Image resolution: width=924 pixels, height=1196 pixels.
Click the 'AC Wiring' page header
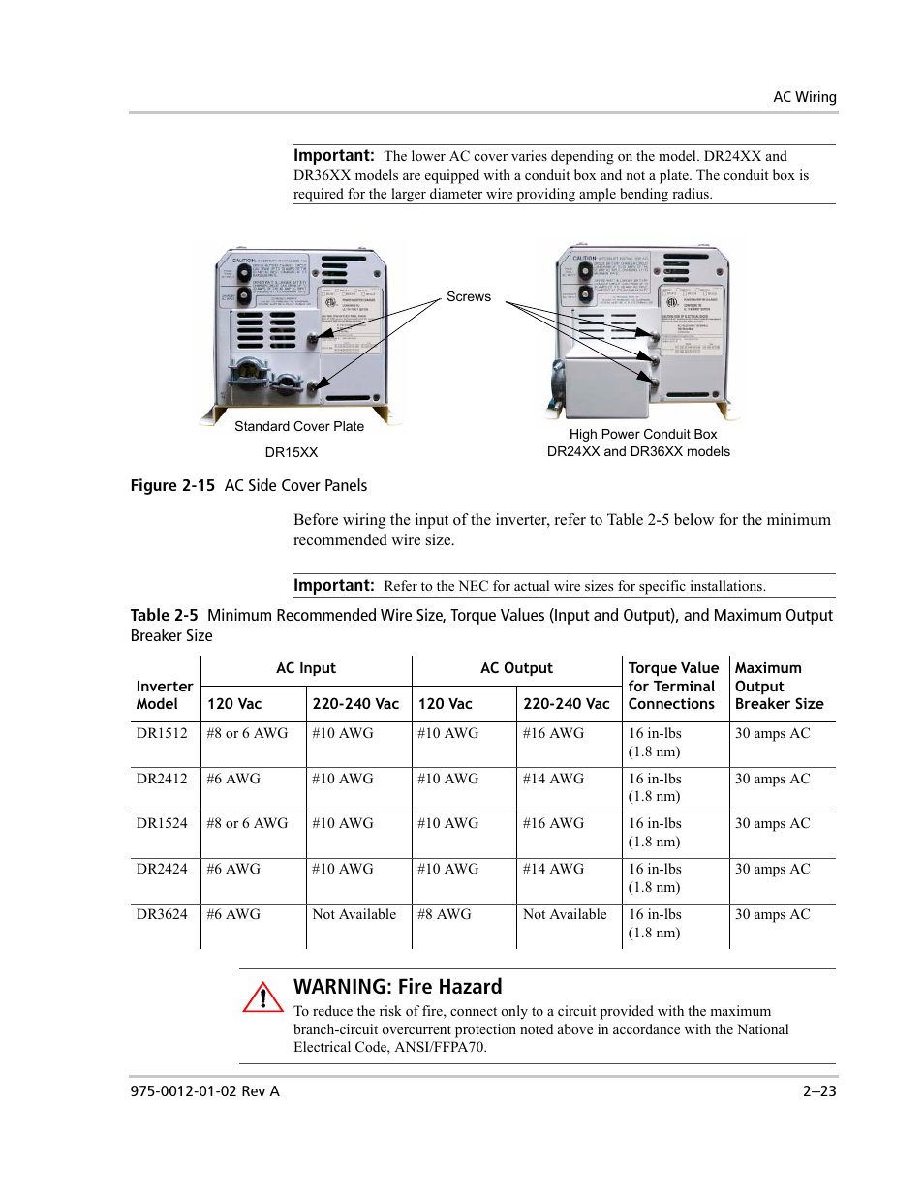tap(804, 97)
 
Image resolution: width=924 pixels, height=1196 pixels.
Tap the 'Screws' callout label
tap(468, 297)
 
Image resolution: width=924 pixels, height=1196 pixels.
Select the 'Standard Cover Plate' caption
tap(299, 426)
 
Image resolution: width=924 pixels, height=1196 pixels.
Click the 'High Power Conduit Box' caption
tap(642, 434)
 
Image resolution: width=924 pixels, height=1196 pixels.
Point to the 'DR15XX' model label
tap(292, 452)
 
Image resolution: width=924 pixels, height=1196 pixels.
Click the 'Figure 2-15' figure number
tap(172, 486)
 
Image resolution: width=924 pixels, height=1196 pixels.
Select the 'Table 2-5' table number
tap(164, 616)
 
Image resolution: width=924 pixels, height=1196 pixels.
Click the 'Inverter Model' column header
tap(164, 695)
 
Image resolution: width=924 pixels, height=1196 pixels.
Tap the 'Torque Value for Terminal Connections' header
tap(673, 686)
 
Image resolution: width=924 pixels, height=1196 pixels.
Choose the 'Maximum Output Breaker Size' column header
tap(779, 686)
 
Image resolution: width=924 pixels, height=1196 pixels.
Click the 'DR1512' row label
tap(162, 733)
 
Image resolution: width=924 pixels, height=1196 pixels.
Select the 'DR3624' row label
tap(162, 914)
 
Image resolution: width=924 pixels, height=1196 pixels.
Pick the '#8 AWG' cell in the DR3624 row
tap(445, 914)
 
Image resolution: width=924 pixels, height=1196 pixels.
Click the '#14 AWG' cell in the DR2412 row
tap(553, 779)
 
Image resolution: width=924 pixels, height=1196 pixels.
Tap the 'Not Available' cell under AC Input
tap(354, 914)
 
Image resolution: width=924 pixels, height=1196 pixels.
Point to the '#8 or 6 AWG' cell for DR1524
tap(247, 823)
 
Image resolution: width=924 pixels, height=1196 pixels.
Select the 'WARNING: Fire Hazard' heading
tap(397, 987)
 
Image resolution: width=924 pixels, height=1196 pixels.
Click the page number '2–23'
tap(818, 1091)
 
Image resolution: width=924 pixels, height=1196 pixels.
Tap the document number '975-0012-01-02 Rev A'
tap(204, 1091)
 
